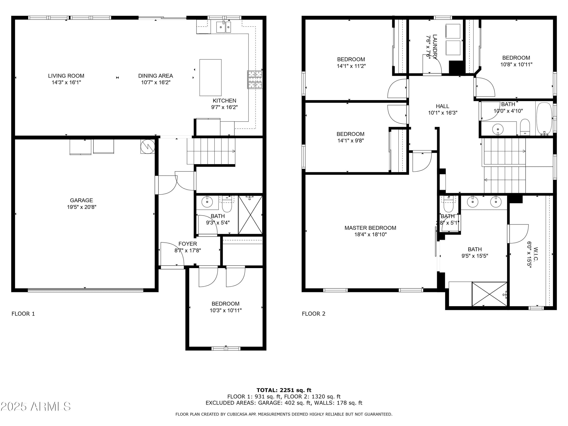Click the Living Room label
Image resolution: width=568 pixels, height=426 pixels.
66,76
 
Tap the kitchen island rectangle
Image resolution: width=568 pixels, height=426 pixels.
211,78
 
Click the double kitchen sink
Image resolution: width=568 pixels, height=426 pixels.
223,27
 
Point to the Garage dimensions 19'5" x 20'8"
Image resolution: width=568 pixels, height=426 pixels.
82,207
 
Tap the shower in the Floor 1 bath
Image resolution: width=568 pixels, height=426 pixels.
250,215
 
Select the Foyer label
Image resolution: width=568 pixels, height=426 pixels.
188,244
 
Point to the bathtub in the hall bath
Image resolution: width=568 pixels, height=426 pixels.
544,118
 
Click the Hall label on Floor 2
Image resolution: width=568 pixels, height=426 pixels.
442,106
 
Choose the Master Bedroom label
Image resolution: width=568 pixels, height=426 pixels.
370,228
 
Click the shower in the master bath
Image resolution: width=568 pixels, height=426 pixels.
489,294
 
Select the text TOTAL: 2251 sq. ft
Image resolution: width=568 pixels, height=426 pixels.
284,390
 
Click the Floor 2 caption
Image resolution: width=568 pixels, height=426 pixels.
314,314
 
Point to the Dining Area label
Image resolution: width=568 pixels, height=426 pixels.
156,76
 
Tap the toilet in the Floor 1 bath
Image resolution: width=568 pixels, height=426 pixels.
227,204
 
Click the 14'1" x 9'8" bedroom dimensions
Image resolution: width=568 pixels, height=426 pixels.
350,140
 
